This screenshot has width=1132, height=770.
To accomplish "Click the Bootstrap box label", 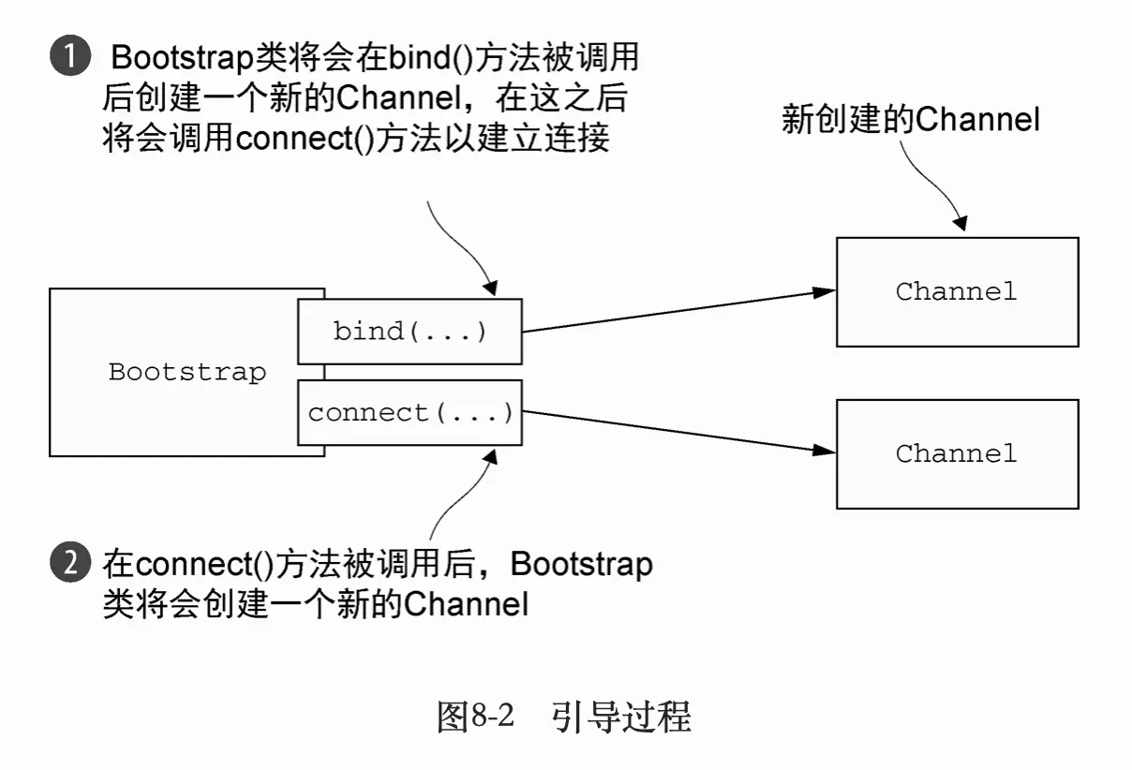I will pos(187,372).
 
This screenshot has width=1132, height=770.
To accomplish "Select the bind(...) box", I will pos(410,331).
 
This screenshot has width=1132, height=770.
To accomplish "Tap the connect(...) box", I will pos(410,412).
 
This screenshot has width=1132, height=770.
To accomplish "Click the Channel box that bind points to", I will pos(956,291).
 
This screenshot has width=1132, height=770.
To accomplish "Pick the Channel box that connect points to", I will pos(956,453).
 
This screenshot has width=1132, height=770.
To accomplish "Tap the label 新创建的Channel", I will pos(910,120).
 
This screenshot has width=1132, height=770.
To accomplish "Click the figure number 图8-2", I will pos(476,718).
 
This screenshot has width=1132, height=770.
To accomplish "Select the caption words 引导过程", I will pos(621,718).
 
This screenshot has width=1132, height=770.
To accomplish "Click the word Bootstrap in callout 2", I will pos(581,565).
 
